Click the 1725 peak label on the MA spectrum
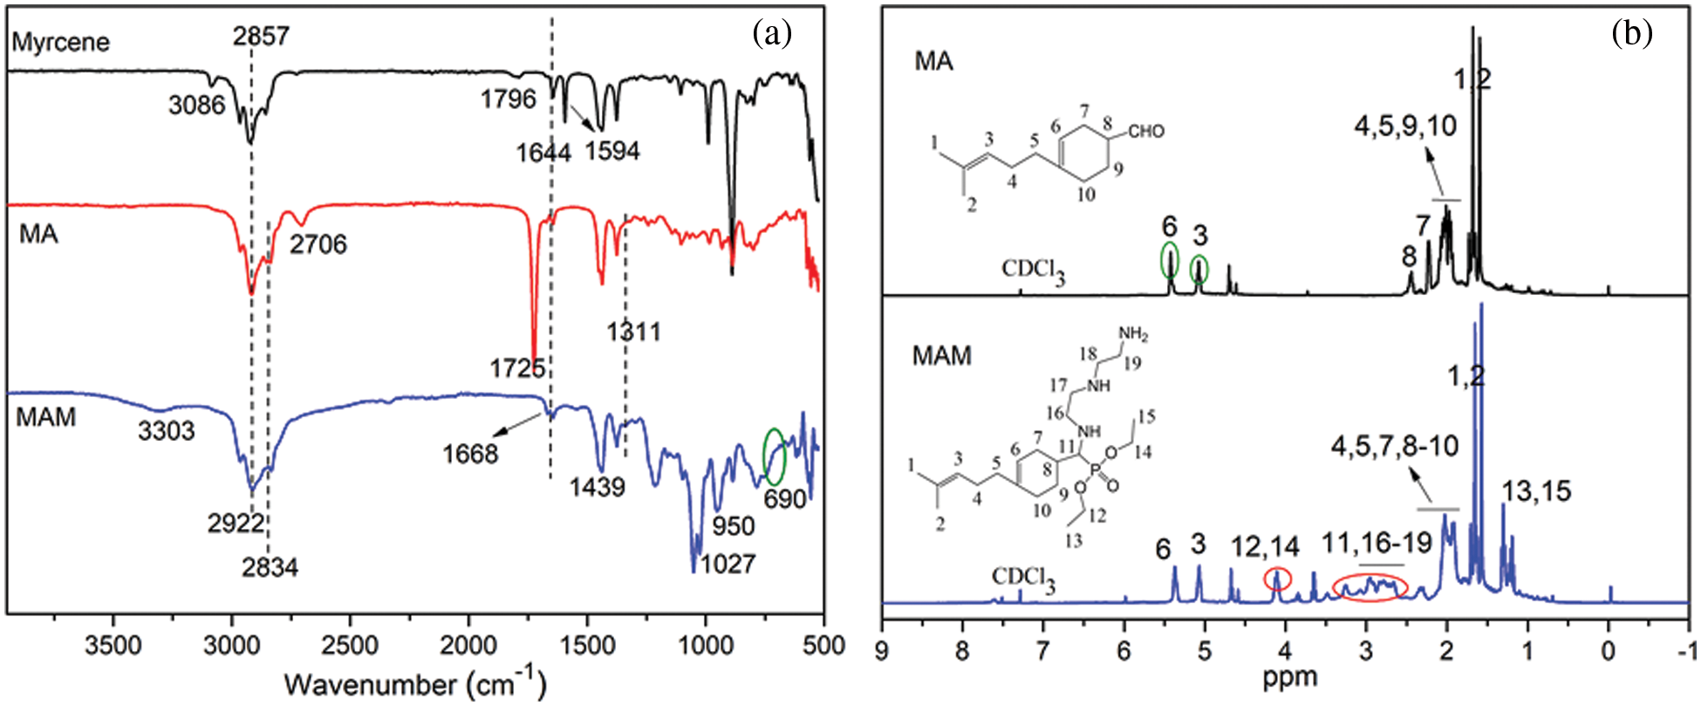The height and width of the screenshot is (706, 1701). pos(517,368)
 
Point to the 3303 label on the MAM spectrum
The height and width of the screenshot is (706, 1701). pos(166,430)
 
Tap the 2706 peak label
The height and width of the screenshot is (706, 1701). pos(318,244)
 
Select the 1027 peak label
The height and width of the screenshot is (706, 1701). pos(728,564)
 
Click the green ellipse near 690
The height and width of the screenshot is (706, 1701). pos(774,456)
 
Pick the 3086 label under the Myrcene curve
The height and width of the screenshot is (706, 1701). pos(197,106)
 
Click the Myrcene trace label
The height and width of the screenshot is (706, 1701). pos(61,42)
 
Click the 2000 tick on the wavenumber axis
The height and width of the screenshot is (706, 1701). pos(468,646)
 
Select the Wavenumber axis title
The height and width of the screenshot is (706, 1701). pos(414,684)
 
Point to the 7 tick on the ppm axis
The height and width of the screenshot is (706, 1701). pos(1043,650)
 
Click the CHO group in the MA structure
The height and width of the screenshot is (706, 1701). pos(1145,132)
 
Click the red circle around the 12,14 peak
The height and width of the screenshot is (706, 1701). pos(1277,579)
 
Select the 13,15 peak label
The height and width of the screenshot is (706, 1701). pos(1535,491)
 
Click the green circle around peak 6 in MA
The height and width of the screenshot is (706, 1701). pos(1170,260)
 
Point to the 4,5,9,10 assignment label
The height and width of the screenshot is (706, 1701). pos(1404,127)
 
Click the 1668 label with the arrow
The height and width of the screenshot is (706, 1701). pos(470,454)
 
